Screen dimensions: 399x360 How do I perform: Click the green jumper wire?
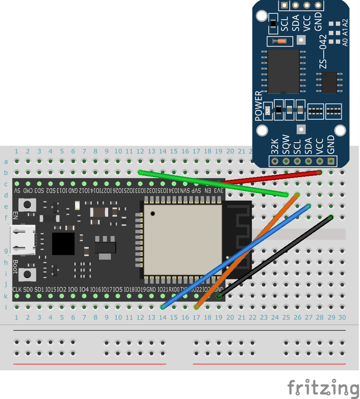[x=211, y=183]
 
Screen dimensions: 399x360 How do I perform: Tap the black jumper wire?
[x=274, y=257]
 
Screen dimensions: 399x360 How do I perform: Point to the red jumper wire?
[x=270, y=177]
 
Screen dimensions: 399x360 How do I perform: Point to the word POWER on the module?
[x=259, y=106]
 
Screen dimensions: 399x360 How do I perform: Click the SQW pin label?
[x=286, y=145]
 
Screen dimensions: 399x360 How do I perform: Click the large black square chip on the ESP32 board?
[x=63, y=244]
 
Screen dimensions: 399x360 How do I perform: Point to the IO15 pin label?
[x=51, y=289]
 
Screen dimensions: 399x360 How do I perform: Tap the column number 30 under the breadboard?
[x=342, y=317]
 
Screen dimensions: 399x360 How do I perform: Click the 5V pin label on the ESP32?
[x=17, y=191]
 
